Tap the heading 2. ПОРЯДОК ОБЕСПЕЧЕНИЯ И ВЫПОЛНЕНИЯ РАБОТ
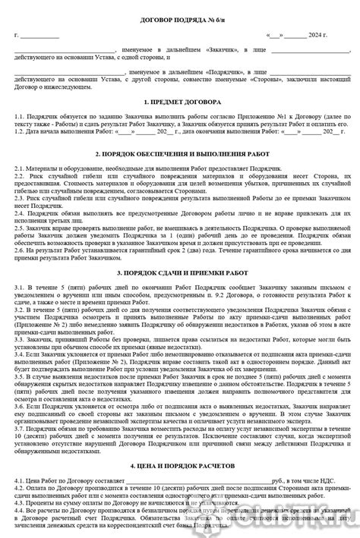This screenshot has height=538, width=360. [180, 154]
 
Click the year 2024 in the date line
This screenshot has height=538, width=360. [321, 36]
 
